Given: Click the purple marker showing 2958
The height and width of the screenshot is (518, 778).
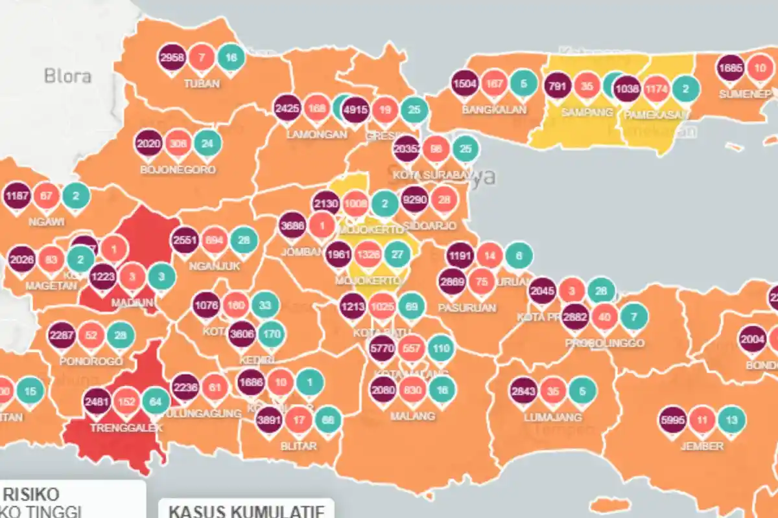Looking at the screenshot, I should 172,58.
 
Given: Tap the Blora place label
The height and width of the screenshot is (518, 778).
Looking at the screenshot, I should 67,76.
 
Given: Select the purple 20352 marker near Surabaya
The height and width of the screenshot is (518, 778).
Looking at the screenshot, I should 407,149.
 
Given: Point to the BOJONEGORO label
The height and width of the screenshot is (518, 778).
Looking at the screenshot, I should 178,170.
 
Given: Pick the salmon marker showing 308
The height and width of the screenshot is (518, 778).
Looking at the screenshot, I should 178,143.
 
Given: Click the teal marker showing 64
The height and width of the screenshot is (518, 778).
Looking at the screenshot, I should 156,401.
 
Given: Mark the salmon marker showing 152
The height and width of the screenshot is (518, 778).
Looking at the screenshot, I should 126,401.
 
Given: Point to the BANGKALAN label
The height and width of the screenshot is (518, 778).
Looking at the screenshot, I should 494,109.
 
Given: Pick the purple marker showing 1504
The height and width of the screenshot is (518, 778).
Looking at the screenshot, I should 465,83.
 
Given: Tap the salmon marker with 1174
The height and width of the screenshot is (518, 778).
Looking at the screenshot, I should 656,88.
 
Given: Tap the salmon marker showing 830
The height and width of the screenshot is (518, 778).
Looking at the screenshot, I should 412,390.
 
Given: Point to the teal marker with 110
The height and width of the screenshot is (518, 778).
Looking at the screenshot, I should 441,348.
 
